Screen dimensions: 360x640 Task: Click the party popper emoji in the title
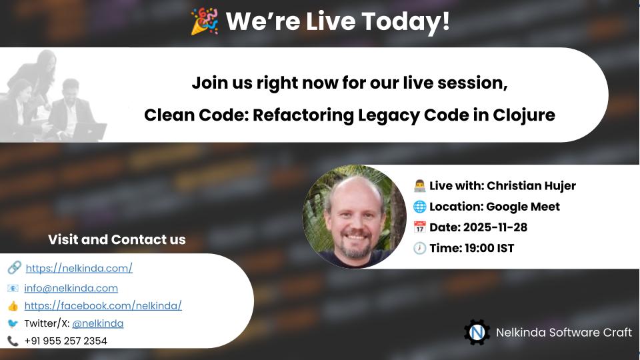(x=204, y=21)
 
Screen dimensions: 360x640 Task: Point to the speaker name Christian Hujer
(x=531, y=185)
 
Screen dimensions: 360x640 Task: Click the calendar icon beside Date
(x=419, y=227)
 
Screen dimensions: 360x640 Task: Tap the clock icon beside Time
(x=419, y=248)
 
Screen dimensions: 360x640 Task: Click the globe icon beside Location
(x=419, y=206)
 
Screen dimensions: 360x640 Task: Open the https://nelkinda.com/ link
(x=79, y=268)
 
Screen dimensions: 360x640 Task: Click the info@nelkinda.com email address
(x=71, y=288)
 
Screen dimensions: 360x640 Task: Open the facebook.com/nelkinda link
(x=103, y=305)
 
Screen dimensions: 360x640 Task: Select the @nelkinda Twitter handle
(x=97, y=323)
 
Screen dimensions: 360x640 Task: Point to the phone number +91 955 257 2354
(x=65, y=341)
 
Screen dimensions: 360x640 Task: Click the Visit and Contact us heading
(x=117, y=239)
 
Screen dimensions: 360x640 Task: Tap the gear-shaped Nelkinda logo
(x=477, y=332)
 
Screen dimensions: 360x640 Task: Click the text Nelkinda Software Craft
(x=563, y=332)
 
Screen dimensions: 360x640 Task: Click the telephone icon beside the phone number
(x=13, y=341)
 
